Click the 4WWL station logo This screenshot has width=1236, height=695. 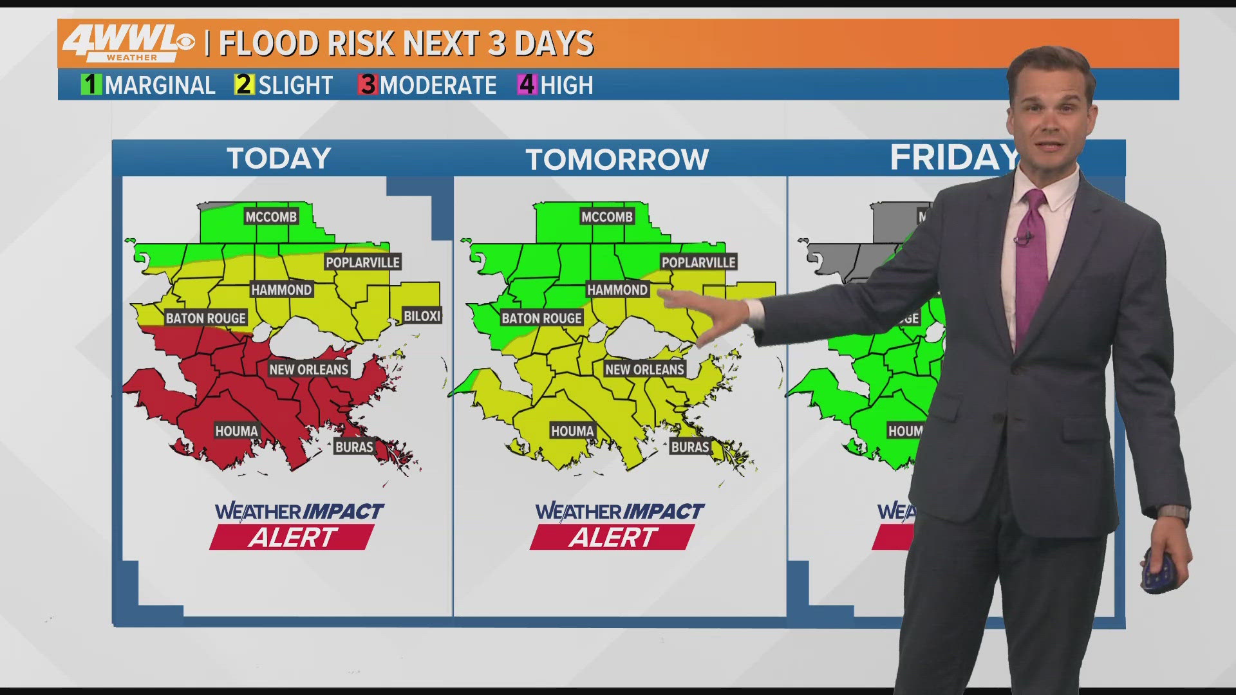[128, 44]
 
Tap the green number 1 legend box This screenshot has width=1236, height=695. [91, 85]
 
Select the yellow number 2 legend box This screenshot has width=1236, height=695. [244, 85]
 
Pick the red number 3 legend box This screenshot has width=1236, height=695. [367, 85]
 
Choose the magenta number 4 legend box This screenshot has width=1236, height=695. [527, 85]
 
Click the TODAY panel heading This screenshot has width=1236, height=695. [279, 158]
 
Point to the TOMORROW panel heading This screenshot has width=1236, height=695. [617, 159]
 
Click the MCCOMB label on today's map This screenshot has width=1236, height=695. [271, 217]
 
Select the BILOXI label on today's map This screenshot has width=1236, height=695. [422, 316]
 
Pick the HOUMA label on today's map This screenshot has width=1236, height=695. [236, 431]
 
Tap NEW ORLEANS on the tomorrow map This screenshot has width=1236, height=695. [644, 369]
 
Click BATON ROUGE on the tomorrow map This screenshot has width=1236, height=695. [541, 318]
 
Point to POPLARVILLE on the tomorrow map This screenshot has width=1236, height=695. [698, 263]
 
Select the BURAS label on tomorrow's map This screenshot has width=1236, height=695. [690, 447]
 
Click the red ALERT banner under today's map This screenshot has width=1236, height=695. [292, 537]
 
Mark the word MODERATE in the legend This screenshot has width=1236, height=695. [438, 85]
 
